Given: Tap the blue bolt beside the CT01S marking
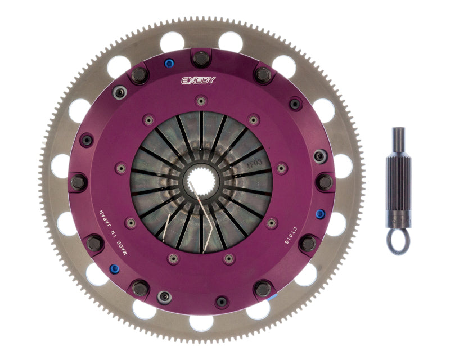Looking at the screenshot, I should point(319,214).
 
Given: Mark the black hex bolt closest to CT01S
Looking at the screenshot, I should point(308,243).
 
